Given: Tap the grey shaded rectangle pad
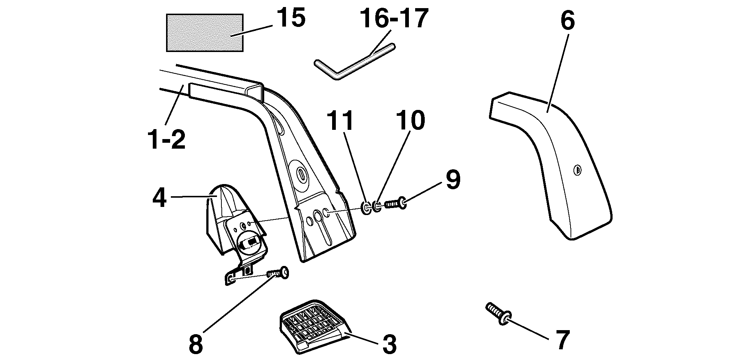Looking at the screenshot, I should [x=205, y=33].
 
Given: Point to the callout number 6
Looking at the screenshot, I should [x=568, y=21].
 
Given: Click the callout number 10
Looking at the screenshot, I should [x=410, y=121].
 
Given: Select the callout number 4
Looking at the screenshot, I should [x=159, y=198].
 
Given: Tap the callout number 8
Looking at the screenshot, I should [x=196, y=344].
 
